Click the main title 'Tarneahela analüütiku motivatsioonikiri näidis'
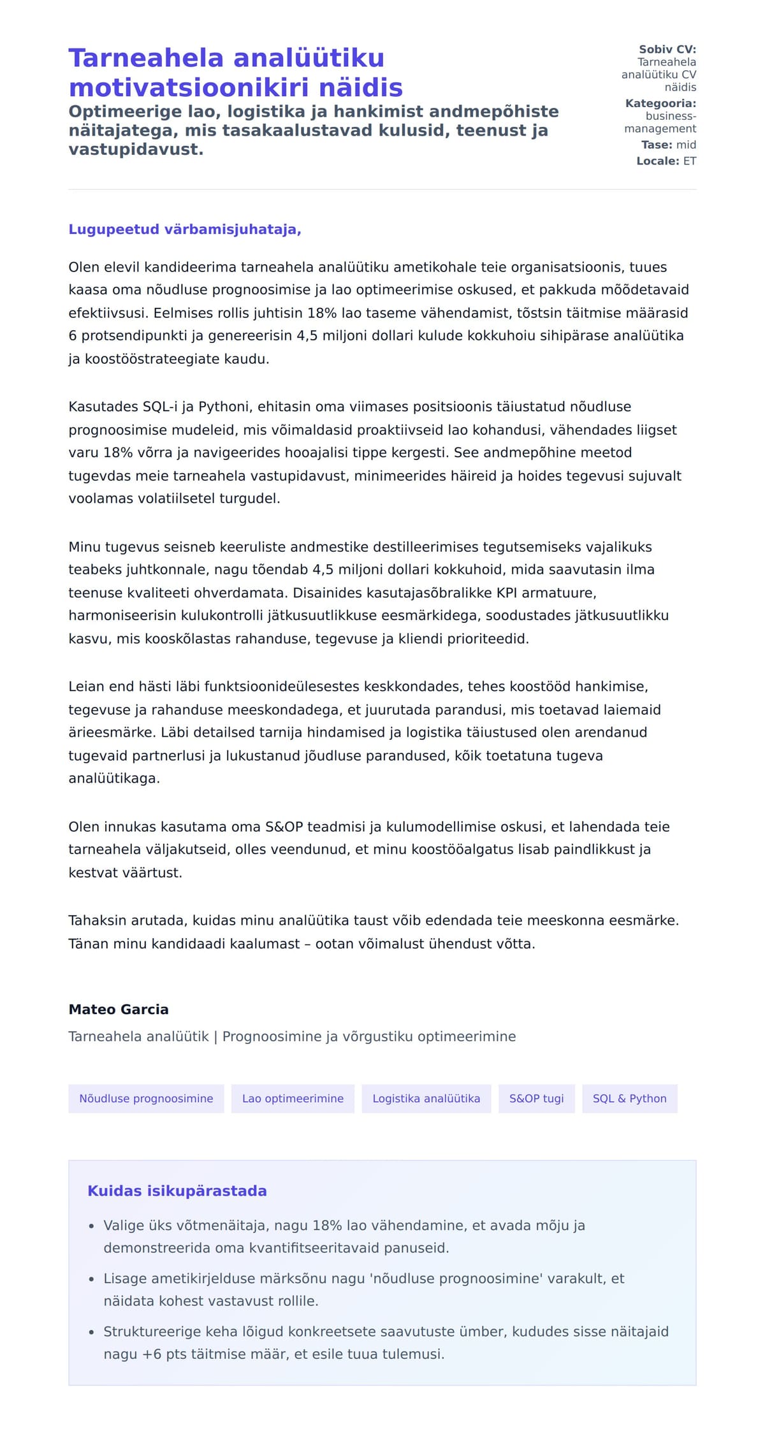click(x=236, y=73)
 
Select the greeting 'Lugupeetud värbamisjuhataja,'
click(x=185, y=229)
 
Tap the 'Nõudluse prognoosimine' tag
click(x=146, y=1098)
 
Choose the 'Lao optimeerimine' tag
click(x=293, y=1098)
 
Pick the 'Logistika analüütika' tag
click(x=426, y=1098)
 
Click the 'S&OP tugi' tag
click(x=536, y=1098)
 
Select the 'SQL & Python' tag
click(x=629, y=1098)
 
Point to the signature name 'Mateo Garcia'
click(x=119, y=1009)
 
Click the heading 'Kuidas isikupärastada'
click(x=177, y=1191)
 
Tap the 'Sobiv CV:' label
click(x=667, y=49)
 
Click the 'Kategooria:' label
click(x=660, y=103)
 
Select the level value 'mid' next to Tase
click(x=686, y=145)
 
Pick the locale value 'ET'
click(x=690, y=161)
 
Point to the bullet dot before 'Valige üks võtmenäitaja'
click(x=91, y=1226)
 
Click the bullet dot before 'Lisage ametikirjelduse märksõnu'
click(x=91, y=1279)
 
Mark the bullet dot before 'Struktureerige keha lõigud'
click(x=91, y=1331)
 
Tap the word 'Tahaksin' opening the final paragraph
click(x=97, y=920)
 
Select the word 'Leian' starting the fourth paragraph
click(x=86, y=686)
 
